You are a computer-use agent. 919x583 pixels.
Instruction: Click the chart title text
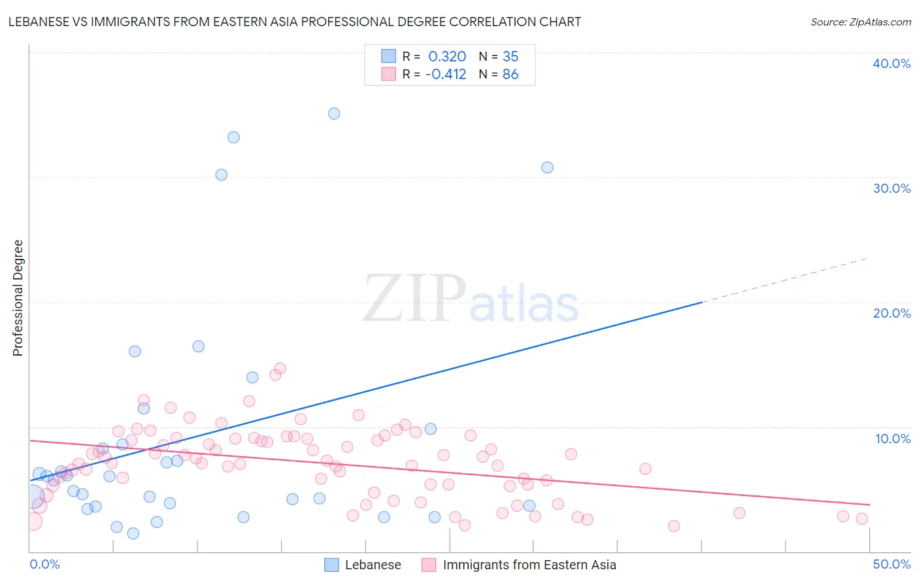tap(294, 22)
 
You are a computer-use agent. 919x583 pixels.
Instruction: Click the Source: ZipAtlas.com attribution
tap(860, 22)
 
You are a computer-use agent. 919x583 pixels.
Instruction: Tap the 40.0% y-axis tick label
tap(891, 63)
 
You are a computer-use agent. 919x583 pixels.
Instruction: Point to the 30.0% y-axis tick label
tap(891, 188)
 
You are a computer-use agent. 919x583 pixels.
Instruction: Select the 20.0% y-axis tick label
tap(891, 313)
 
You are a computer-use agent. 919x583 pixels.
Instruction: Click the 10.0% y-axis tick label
tap(892, 439)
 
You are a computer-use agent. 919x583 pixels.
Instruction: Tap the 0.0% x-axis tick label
tap(44, 564)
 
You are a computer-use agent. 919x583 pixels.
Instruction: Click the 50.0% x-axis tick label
tap(892, 564)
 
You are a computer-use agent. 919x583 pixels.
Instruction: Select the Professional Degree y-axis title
tap(18, 298)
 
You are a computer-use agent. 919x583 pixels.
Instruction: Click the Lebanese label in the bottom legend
tap(373, 565)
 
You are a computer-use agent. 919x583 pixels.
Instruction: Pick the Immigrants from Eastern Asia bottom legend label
tap(529, 565)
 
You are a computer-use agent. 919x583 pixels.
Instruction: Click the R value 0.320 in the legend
tap(447, 56)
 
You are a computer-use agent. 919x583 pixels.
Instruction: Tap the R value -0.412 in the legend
tap(445, 74)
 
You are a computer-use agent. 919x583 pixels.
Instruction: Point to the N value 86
tap(510, 74)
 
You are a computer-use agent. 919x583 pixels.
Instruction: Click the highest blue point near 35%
tap(334, 114)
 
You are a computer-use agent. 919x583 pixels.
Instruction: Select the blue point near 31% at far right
tap(547, 167)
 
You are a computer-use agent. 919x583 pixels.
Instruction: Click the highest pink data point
tap(280, 369)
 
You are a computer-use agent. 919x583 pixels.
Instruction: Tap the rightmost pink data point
tap(861, 518)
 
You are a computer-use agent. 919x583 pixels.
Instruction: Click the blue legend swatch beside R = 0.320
tap(388, 56)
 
